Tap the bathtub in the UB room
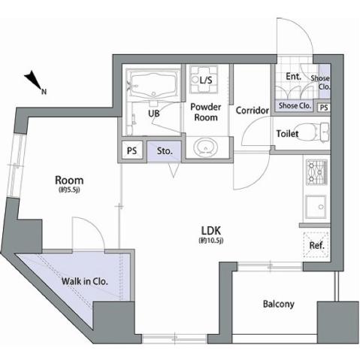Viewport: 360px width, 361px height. [153, 85]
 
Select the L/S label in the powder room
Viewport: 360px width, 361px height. [206, 80]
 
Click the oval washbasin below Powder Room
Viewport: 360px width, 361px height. [206, 148]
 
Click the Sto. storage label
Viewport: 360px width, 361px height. [165, 151]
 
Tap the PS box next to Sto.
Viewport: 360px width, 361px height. [132, 150]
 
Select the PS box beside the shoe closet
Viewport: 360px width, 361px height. [324, 108]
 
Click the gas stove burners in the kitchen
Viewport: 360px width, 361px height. [317, 172]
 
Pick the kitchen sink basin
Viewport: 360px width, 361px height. [316, 207]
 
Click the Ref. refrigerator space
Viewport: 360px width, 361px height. [316, 245]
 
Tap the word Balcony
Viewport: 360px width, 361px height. [278, 304]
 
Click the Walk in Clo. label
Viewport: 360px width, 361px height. [85, 281]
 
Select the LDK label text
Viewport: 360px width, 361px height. [211, 230]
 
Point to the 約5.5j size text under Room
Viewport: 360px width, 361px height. [69, 190]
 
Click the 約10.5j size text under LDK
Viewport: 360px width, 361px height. [211, 241]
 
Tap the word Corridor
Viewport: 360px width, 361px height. [252, 111]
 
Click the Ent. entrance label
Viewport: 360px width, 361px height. [293, 77]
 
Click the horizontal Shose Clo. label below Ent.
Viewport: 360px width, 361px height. [295, 106]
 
